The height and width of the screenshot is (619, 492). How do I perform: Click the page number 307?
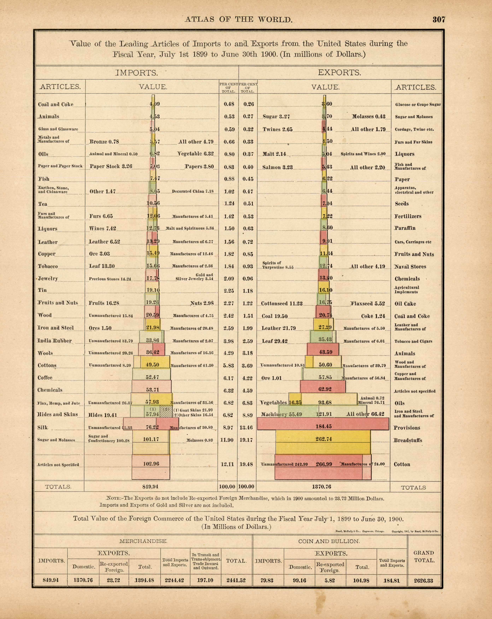pos(439,19)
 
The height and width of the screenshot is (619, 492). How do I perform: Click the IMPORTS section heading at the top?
pos(137,73)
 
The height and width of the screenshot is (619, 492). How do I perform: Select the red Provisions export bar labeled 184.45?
pos(323,426)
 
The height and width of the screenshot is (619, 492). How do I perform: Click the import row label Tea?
pos(43,204)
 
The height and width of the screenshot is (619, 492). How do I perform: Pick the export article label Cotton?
pos(402,464)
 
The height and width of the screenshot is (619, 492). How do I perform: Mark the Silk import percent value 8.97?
pos(228,427)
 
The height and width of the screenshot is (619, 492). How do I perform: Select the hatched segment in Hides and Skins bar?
pos(166,412)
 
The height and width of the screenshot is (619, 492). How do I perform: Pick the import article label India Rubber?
pos(54,341)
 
